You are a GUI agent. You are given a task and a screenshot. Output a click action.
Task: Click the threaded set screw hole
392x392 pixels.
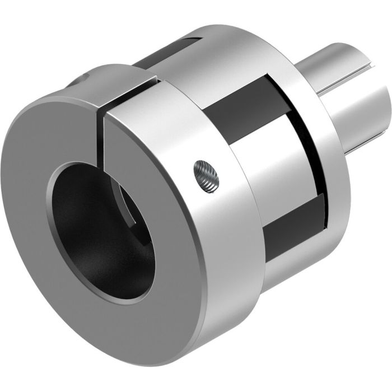[206, 175]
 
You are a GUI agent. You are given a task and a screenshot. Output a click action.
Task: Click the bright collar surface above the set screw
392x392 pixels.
[190, 129]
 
